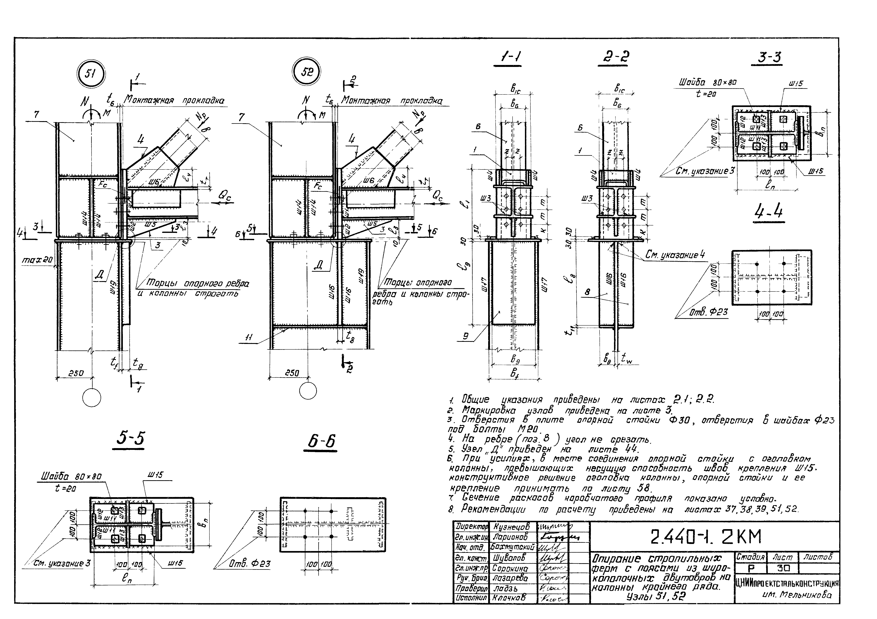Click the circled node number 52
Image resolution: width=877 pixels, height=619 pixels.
(x=306, y=72)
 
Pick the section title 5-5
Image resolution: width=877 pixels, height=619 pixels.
(x=130, y=439)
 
